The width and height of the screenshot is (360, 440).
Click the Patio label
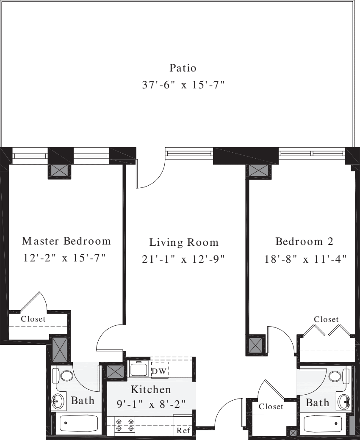pos(183,68)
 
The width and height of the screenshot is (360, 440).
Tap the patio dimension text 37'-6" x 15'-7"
pos(183,85)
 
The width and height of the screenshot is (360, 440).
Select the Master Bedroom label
pos(66,241)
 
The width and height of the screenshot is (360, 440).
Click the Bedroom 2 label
pos(305,241)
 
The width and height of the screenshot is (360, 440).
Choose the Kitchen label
pos(151,390)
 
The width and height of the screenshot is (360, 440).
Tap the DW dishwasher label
pos(159,371)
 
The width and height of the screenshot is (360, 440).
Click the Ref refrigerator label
pos(183,430)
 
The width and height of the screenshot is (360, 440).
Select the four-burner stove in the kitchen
pos(125,425)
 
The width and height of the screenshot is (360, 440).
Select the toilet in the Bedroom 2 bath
pos(338,376)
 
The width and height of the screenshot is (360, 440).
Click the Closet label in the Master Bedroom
pos(33,319)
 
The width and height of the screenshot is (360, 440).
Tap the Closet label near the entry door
pos(271,406)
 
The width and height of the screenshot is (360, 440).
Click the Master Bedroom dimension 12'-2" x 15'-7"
pos(64,258)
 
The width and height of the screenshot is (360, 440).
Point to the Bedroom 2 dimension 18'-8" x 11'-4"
pos(306,259)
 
